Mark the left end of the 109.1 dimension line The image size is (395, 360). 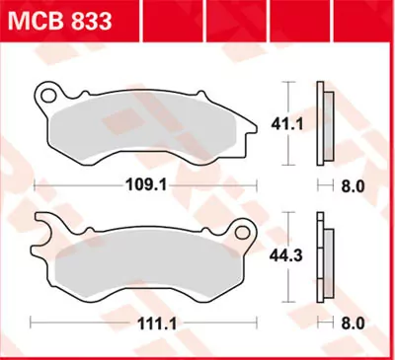point(35,182)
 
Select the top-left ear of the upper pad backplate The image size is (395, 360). point(45,96)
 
